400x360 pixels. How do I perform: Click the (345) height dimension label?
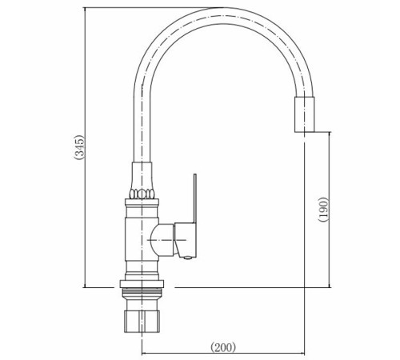(79, 147)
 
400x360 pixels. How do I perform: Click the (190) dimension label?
(323, 210)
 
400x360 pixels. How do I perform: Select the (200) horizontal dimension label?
(223, 347)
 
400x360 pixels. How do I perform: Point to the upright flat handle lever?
(195, 198)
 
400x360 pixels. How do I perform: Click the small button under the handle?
(188, 258)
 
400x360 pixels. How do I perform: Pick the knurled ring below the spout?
(142, 194)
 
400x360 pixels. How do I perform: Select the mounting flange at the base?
(142, 284)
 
